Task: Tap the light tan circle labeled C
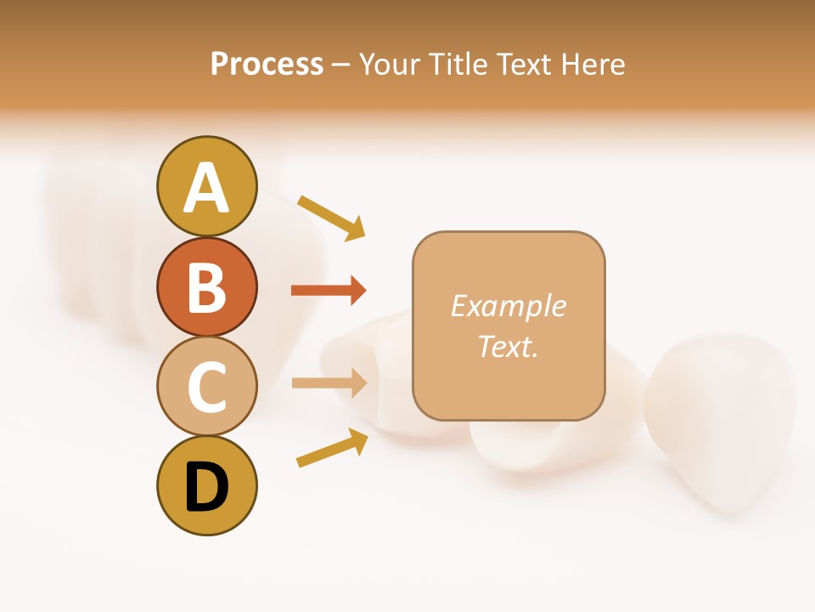[206, 387]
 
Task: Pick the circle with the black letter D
[206, 487]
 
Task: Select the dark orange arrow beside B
[329, 291]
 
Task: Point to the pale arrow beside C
[329, 382]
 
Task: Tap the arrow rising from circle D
[332, 448]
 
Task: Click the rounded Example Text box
[509, 326]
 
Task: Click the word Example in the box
[509, 306]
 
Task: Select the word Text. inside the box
[509, 347]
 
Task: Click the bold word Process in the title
[267, 64]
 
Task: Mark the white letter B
[206, 287]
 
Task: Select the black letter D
[206, 487]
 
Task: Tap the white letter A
[206, 187]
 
